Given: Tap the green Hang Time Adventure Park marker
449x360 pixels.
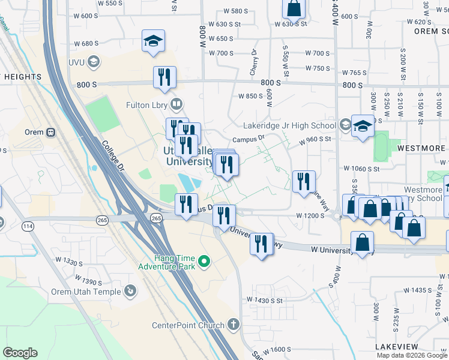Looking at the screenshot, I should (x=203, y=261).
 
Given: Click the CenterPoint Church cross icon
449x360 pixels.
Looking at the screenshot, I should (x=233, y=325).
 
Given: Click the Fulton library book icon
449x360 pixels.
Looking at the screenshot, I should (x=176, y=105).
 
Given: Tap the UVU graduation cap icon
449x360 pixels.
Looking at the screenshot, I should (x=93, y=61).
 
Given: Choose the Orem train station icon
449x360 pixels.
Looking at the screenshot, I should (x=51, y=132).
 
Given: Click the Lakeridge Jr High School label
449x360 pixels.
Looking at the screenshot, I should (x=289, y=126).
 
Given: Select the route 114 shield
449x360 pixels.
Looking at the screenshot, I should (x=28, y=226).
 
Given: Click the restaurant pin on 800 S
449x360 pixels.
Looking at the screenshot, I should (x=164, y=77).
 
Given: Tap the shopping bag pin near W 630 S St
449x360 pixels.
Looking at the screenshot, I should (x=294, y=8).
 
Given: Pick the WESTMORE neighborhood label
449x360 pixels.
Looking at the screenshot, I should (x=420, y=148).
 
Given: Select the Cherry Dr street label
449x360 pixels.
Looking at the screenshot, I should (x=255, y=62).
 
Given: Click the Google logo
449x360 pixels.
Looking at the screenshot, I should (x=20, y=353).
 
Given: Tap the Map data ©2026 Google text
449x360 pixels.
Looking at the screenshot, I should (x=412, y=355).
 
